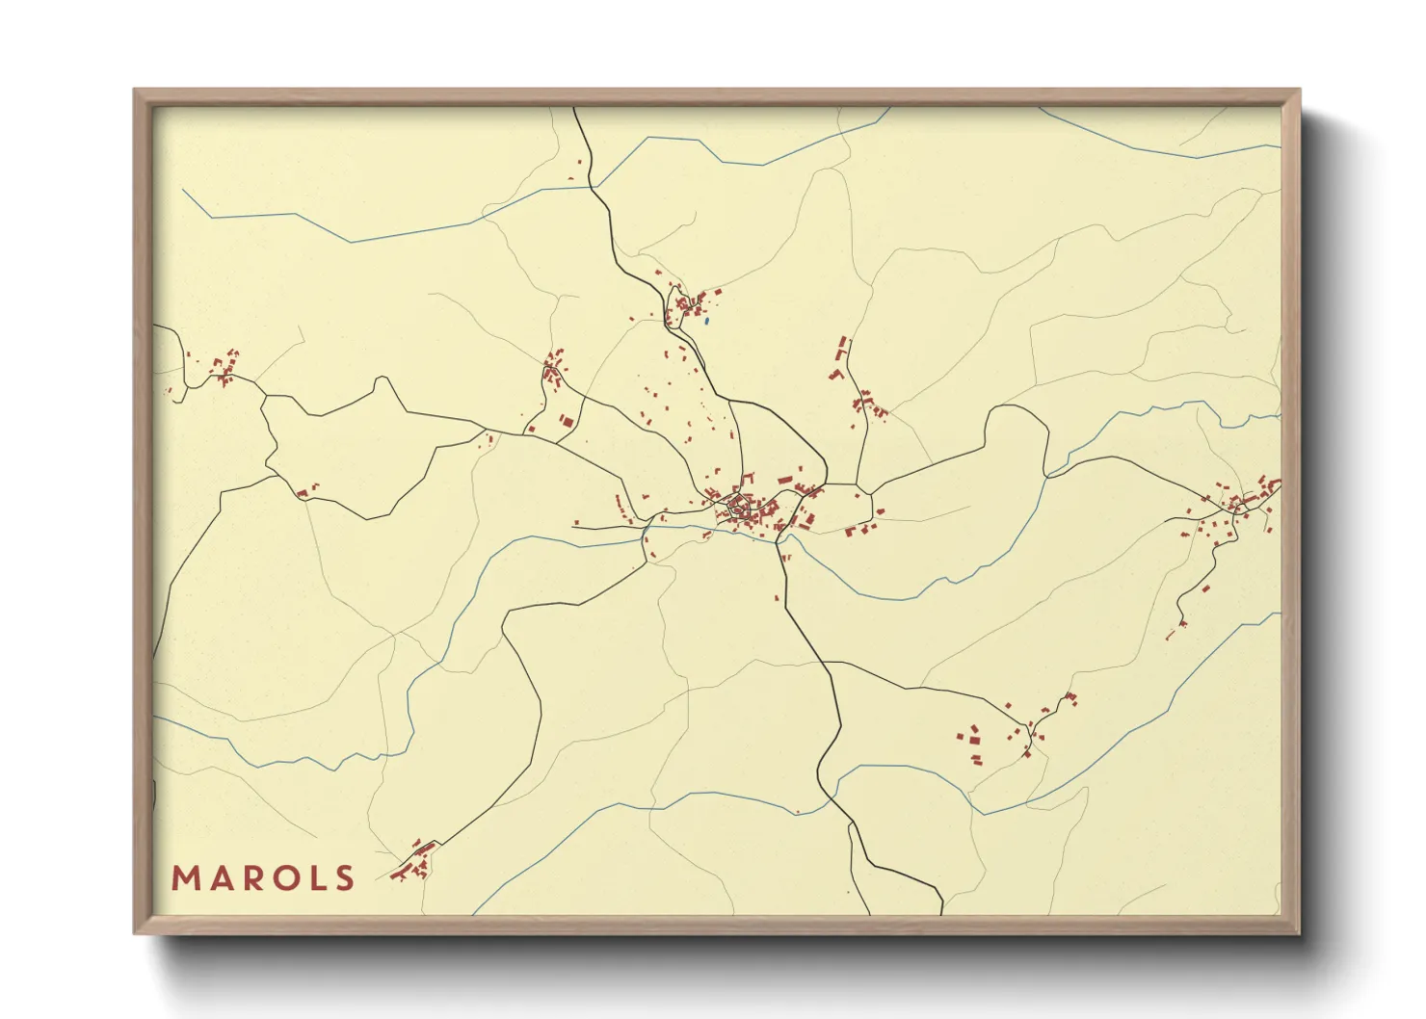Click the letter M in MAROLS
pos(185,878)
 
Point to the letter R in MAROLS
pos(251,878)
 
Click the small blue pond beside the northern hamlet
pos(706,321)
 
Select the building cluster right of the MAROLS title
pos(415,860)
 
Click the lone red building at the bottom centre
pos(798,812)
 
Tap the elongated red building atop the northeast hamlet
pos(844,345)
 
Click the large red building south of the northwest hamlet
pos(568,422)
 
